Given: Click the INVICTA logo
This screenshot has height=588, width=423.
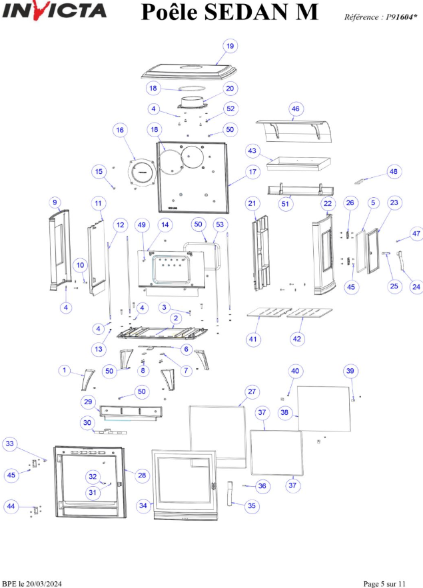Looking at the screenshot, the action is click(x=54, y=11).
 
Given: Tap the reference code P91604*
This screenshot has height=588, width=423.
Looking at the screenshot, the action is click(x=401, y=17).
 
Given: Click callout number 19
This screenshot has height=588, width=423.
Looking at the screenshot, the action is click(x=230, y=46).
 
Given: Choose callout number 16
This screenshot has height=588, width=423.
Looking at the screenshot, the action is click(x=120, y=130).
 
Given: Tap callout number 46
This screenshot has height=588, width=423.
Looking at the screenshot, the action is click(x=296, y=109).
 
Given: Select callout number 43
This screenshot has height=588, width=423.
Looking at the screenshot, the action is click(x=252, y=150).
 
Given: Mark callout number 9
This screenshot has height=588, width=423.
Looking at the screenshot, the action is click(x=55, y=202).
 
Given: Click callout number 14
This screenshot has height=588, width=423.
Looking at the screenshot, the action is click(x=165, y=224).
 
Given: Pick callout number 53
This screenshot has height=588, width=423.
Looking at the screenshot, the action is click(x=220, y=224).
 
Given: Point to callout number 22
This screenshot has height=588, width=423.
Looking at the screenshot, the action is click(x=328, y=203).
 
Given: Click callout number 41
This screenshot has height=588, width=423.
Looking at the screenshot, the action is click(x=253, y=339).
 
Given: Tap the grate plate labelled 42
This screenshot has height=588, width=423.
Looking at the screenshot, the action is click(x=310, y=313).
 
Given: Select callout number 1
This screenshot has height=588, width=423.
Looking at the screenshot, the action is click(x=65, y=370).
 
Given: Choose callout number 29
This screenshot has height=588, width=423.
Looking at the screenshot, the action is click(x=88, y=402).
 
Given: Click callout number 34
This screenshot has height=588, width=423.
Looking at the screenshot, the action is click(x=143, y=505).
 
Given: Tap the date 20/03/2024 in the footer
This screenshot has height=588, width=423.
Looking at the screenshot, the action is click(x=44, y=584).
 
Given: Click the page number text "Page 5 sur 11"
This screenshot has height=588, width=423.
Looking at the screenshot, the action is click(x=384, y=584).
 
